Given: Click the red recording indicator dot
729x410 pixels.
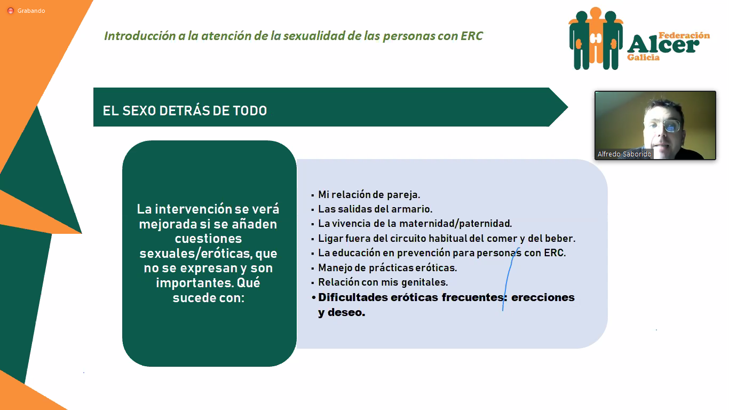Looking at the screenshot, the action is [11, 11].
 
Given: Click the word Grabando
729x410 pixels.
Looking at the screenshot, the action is [31, 11].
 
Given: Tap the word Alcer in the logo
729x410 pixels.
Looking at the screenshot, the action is [663, 45].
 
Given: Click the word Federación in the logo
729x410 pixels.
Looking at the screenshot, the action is [684, 35].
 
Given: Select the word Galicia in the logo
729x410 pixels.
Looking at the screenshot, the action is [644, 57].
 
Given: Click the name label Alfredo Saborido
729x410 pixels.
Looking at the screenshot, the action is [624, 154].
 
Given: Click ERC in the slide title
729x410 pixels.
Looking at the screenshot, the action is [472, 36].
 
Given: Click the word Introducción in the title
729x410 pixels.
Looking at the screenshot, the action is [140, 36].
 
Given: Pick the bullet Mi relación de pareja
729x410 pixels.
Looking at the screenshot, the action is [369, 195].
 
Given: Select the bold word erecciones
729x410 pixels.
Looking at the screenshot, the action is [543, 297].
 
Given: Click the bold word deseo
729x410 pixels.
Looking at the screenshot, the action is [346, 313].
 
